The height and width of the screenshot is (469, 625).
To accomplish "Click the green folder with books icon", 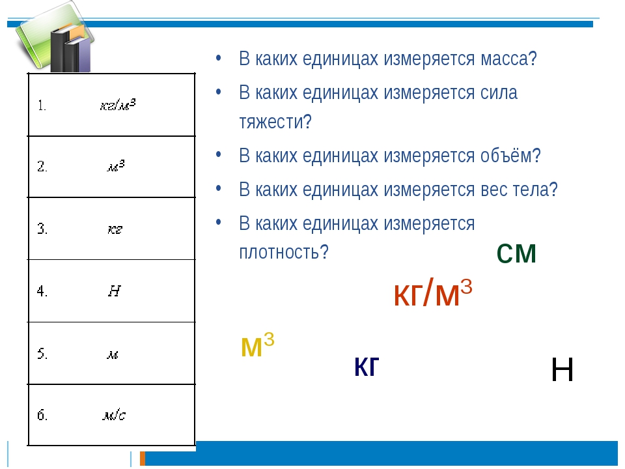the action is point(55,38).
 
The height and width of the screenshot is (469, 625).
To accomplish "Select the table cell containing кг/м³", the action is point(111,105).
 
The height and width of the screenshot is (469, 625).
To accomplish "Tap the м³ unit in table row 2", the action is point(116,165).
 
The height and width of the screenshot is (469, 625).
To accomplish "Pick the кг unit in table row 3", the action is point(115,229).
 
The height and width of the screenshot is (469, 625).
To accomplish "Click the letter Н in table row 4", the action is point(114,291).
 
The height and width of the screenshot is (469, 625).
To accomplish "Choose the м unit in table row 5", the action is point(113,354).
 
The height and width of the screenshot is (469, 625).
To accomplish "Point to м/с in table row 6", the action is point(114,416).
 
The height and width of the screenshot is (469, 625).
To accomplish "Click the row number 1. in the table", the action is point(42,106).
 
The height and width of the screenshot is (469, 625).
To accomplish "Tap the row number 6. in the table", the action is point(42,415).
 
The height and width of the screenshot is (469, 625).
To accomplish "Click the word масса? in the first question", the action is point(508,59).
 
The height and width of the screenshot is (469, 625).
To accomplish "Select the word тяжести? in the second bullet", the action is point(275,121).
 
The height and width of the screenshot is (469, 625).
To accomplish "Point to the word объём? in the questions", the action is point(510,155).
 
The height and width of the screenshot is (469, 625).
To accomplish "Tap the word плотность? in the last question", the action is point(284,252).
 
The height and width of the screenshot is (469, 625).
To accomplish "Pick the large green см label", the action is point(516,253).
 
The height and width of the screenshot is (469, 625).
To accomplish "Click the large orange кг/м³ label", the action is point(433,292).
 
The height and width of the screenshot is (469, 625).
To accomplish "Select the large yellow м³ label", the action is point(258,345).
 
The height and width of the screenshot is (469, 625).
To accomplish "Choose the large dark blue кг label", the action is point(367,366).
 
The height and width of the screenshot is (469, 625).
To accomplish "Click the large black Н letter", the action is point(562,370).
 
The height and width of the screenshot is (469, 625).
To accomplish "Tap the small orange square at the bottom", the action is point(143,458).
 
